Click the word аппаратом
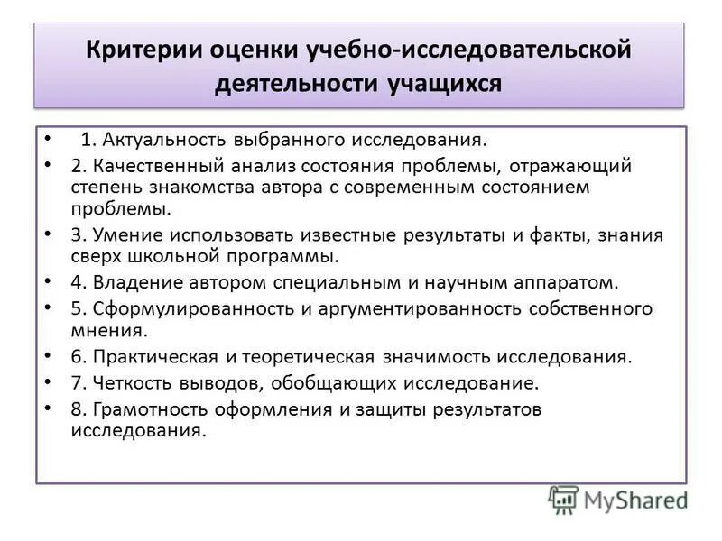tap(569, 282)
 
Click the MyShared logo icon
tap(563, 499)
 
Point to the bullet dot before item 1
tap(48, 141)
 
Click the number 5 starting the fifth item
tap(76, 308)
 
